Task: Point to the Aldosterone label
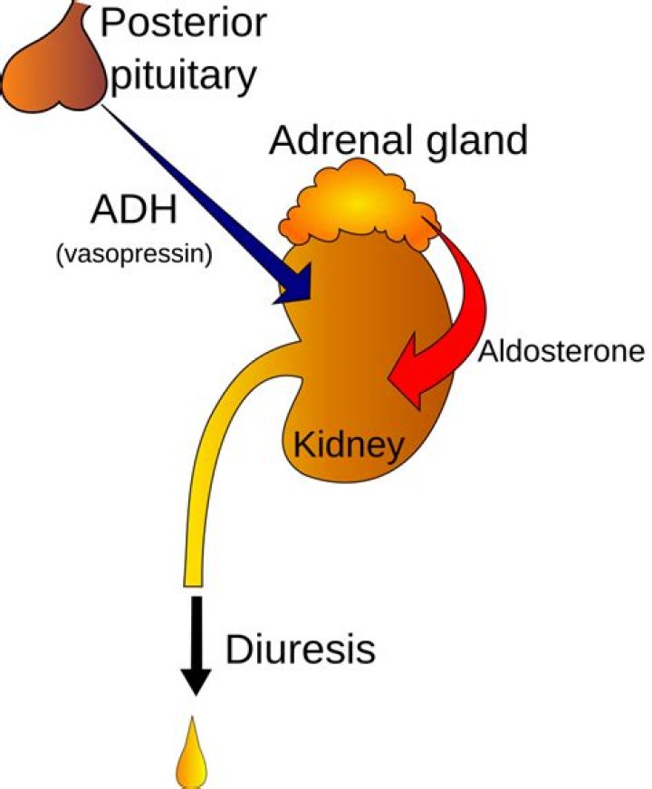[x=561, y=350]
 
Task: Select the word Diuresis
[x=300, y=649]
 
